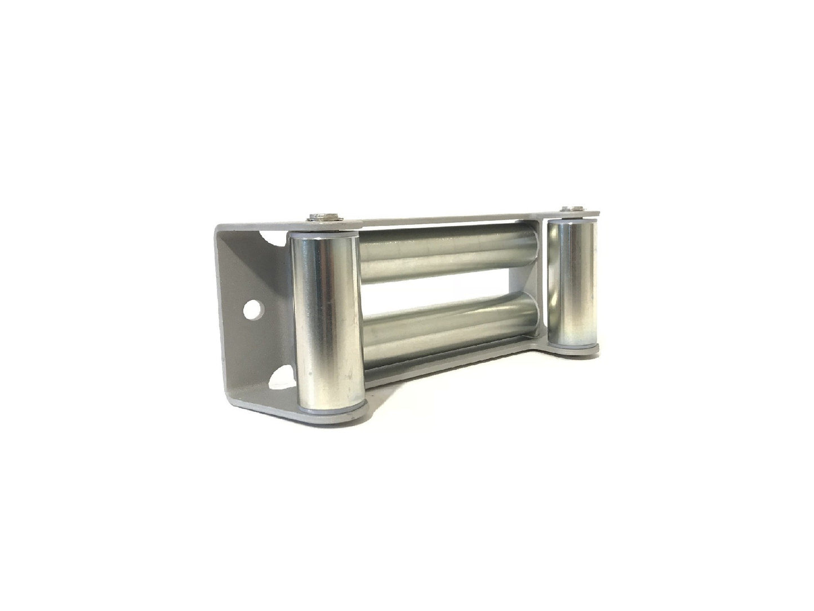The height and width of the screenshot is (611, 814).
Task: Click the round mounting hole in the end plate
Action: [x=255, y=308]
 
